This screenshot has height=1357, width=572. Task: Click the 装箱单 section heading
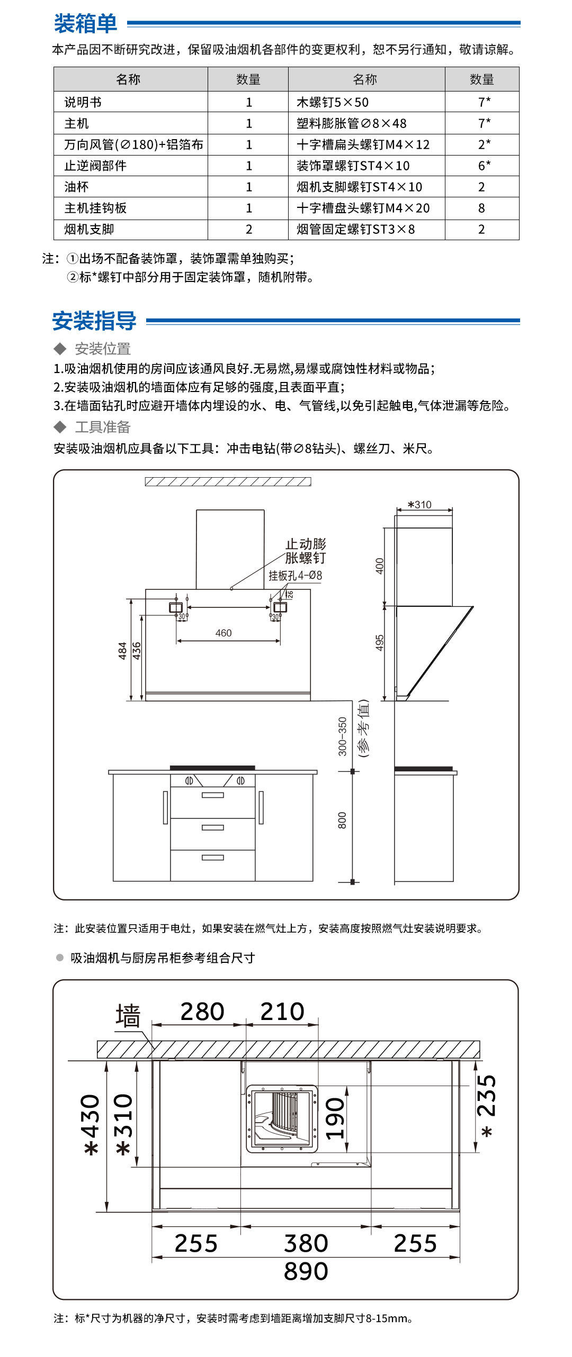coord(85,23)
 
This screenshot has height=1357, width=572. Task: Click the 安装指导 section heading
coord(94,321)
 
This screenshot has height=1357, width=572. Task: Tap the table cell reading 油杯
coord(77,187)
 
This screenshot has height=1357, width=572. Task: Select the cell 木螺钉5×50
coord(333,102)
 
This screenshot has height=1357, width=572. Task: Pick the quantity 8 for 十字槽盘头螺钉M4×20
coord(481,208)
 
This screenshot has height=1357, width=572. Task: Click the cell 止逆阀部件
coord(95,166)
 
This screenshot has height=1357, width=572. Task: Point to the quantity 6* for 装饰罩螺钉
coord(484,166)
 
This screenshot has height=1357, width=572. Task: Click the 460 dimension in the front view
coord(224,633)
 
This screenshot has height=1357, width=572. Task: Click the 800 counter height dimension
coord(342,820)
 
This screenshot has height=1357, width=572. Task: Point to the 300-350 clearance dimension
coord(343,736)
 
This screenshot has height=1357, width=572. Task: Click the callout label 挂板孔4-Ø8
coord(295,576)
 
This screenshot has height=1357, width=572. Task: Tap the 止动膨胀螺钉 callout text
coord(306,551)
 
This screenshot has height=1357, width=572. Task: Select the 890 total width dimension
coord(306,1271)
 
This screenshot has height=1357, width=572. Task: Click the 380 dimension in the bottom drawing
coord(306,1243)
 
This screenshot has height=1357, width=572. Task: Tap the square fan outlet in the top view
coord(282,1119)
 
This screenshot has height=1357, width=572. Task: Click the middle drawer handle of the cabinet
coord(213,827)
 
